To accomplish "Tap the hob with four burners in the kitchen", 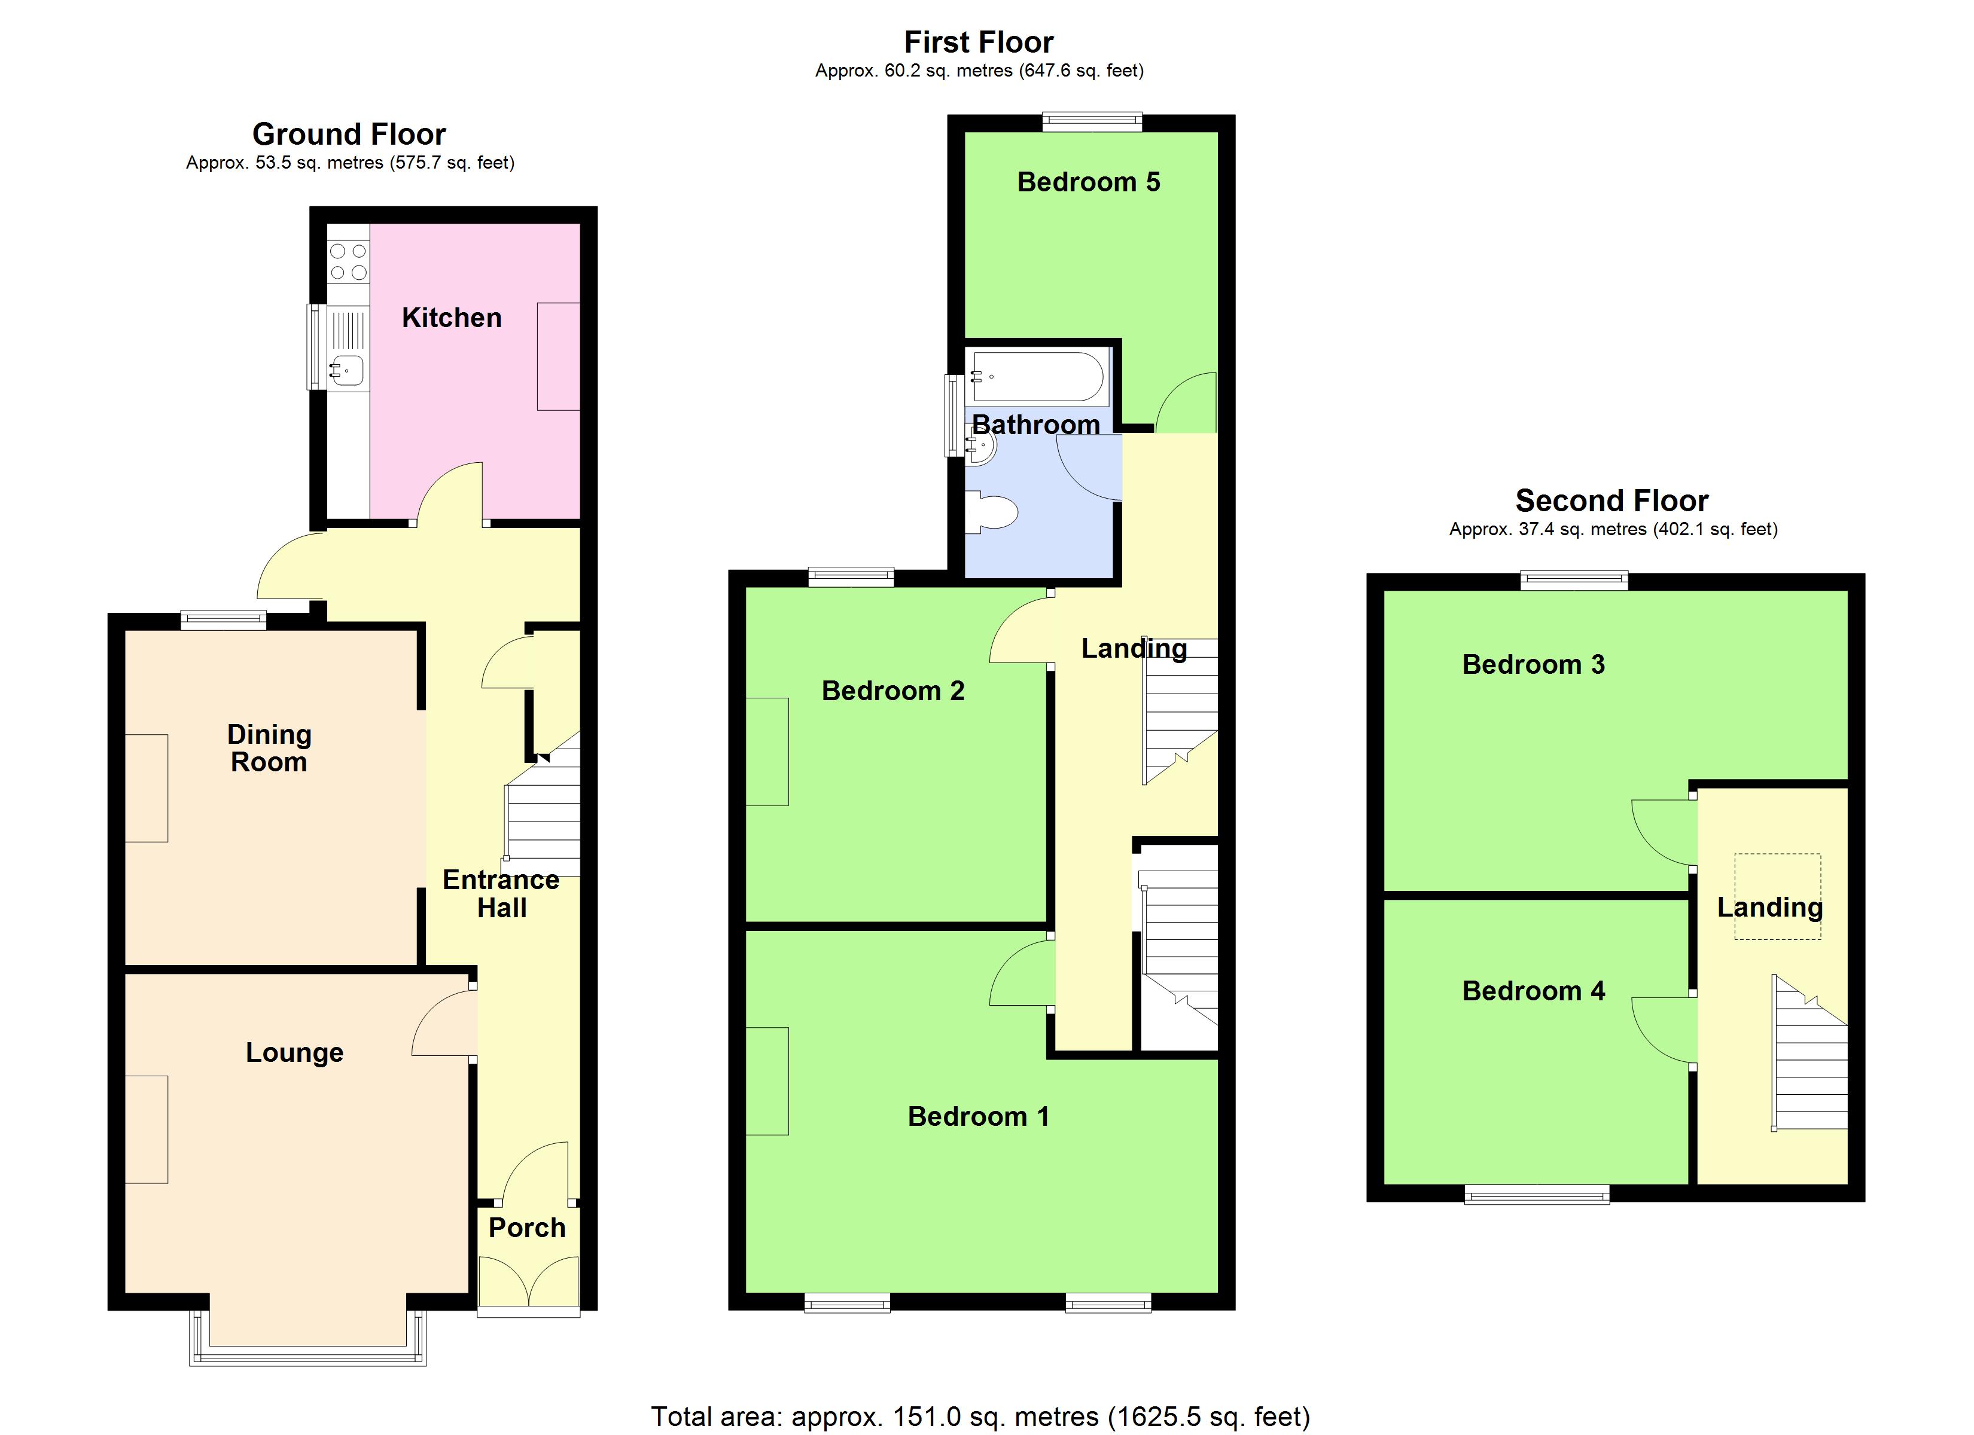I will (348, 262).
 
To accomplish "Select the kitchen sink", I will (346, 371).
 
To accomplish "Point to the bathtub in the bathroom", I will (1037, 377).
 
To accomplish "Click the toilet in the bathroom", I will (993, 512).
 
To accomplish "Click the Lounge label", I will (294, 1052).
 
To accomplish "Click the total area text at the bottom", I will (980, 1416).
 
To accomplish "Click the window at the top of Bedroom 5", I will (1092, 122).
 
